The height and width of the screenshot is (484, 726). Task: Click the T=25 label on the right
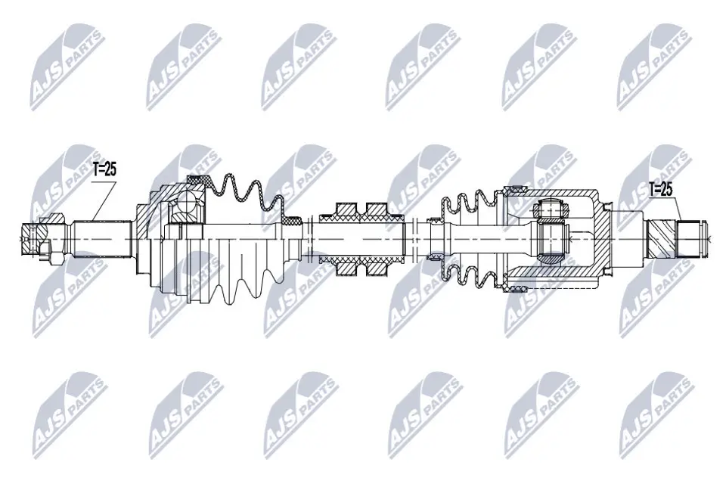tap(660, 189)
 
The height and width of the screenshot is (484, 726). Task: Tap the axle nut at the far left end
tap(35, 240)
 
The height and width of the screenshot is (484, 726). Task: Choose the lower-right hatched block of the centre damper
tap(376, 265)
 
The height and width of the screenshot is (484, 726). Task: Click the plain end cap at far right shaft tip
tap(692, 237)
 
